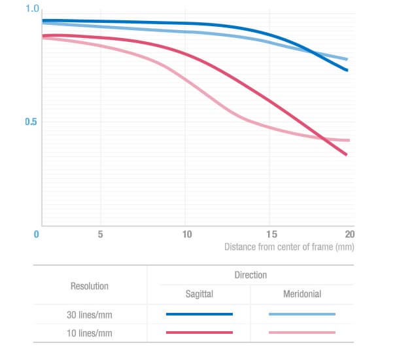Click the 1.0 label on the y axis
[x=32, y=9]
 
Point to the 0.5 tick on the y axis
[x=32, y=122]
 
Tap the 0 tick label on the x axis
[x=37, y=234]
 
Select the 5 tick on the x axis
[x=101, y=234]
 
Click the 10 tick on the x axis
[x=187, y=234]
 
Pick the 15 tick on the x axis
[x=271, y=234]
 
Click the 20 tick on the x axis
[x=349, y=234]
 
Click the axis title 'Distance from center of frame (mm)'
[x=289, y=247]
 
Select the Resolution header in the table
[x=90, y=286]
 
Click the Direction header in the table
[x=250, y=276]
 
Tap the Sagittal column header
[x=199, y=295]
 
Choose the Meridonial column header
[x=302, y=295]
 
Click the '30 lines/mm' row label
[x=90, y=314]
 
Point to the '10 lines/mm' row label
[x=90, y=333]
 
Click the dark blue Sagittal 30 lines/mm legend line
[x=199, y=314]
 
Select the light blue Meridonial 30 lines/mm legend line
[x=302, y=314]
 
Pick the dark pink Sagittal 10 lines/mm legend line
[x=199, y=333]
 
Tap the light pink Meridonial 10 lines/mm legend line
[x=302, y=333]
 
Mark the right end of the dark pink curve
[x=346, y=154]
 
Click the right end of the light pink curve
[x=349, y=140]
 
